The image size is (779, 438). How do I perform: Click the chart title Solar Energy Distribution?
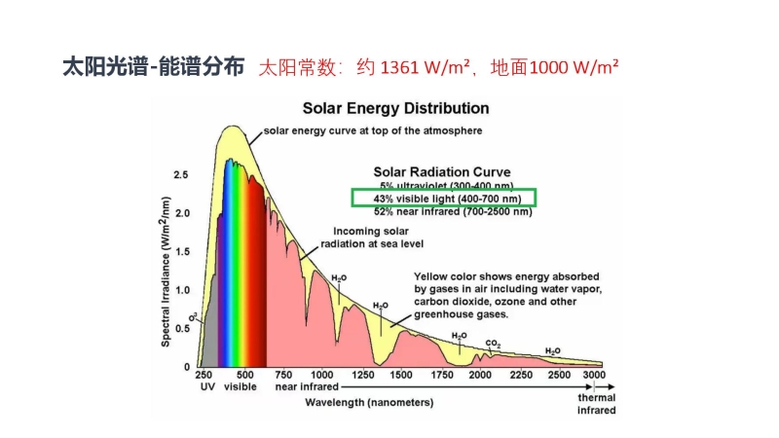click(394, 108)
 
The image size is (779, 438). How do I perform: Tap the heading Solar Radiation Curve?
click(442, 171)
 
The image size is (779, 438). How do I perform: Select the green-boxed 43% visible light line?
click(443, 199)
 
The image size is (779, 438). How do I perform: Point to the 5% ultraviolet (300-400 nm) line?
click(446, 185)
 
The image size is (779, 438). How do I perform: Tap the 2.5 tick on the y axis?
click(181, 175)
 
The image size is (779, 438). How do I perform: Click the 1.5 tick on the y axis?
click(181, 251)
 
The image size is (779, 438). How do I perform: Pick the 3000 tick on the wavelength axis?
click(594, 375)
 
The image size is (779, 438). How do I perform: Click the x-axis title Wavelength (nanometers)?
click(368, 401)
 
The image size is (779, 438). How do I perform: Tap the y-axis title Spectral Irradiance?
click(167, 271)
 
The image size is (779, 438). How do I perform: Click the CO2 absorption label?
click(493, 344)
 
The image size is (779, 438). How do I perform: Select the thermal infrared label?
click(596, 404)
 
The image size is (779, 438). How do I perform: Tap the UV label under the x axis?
click(206, 386)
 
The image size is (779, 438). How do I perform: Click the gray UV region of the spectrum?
click(211, 336)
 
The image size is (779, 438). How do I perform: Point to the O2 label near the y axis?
click(194, 315)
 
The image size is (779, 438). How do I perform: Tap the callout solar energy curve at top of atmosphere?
click(373, 129)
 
